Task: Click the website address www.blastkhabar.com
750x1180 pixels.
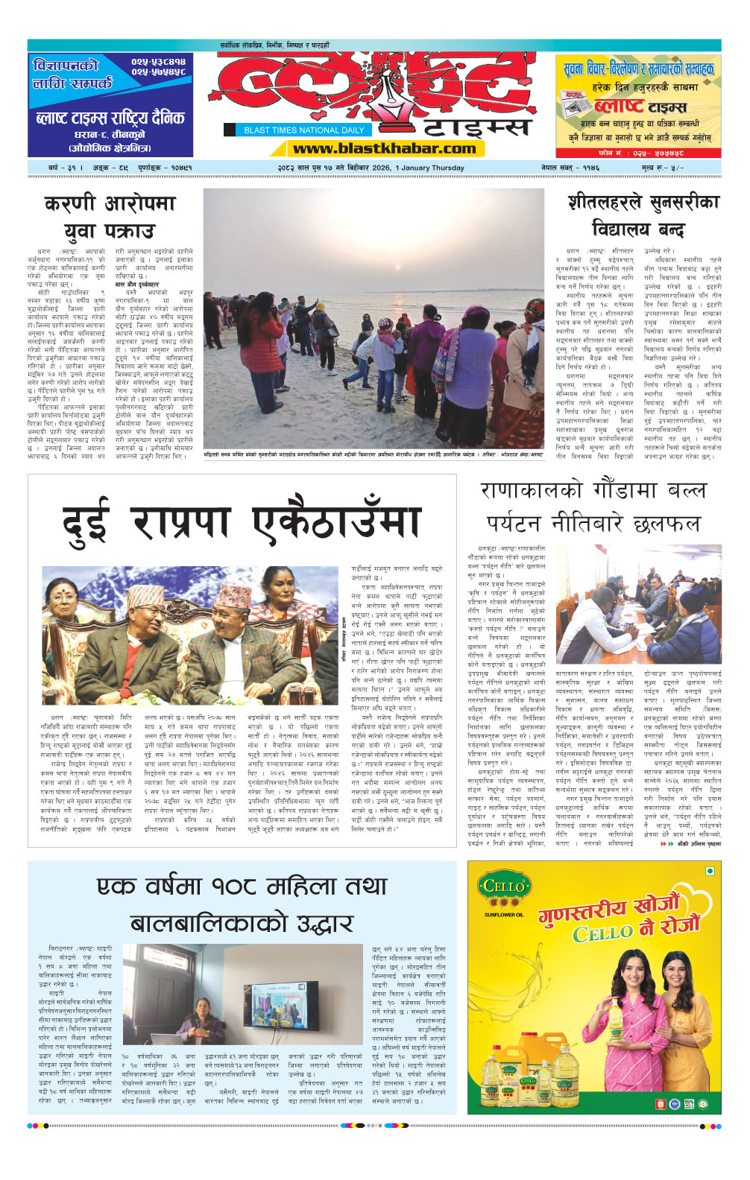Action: pyautogui.click(x=384, y=148)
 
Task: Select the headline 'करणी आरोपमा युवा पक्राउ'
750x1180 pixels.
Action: pyautogui.click(x=110, y=217)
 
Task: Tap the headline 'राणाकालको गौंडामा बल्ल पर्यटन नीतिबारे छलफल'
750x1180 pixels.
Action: pyautogui.click(x=593, y=507)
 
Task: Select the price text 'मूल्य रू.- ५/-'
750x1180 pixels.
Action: pyautogui.click(x=662, y=168)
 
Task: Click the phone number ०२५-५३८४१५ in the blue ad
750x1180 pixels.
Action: pyautogui.click(x=158, y=62)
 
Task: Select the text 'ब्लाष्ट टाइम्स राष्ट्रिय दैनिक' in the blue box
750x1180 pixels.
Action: pyautogui.click(x=110, y=118)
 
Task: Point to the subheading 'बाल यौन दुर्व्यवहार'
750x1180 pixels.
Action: pyautogui.click(x=137, y=285)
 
